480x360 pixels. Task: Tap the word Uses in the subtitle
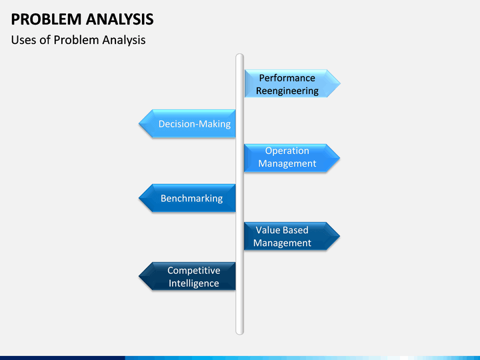coord(24,40)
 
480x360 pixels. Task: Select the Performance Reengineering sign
coord(289,84)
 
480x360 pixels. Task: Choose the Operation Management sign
coord(287,157)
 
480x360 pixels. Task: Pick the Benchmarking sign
coord(191,198)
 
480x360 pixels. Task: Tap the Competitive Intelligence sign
coord(192,277)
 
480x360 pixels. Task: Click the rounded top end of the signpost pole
coord(240,57)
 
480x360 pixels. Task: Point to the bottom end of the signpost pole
coord(240,331)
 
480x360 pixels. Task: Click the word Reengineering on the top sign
coord(289,91)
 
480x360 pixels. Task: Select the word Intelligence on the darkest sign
coord(193,283)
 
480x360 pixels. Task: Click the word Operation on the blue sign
coord(287,151)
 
